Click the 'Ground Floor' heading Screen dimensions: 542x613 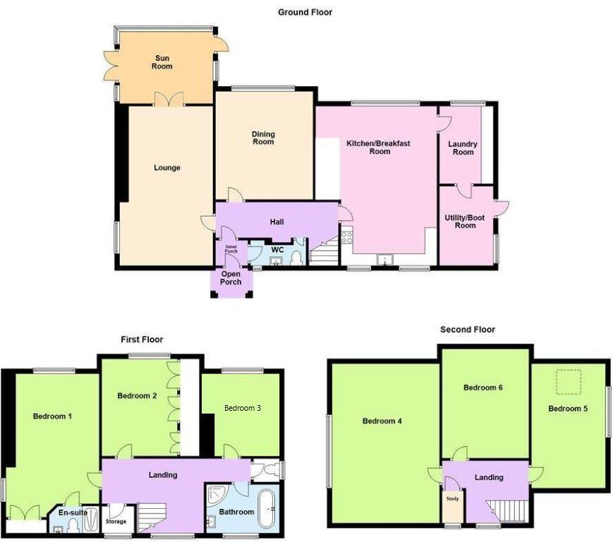pyautogui.click(x=305, y=12)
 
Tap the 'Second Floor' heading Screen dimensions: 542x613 pyautogui.click(x=467, y=330)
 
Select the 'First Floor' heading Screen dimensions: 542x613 pyautogui.click(x=141, y=340)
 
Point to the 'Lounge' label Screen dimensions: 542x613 pyautogui.click(x=167, y=168)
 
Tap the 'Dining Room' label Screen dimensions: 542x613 pyautogui.click(x=263, y=138)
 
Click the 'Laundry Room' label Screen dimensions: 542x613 pyautogui.click(x=463, y=148)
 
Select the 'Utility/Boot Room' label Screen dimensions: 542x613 pyautogui.click(x=465, y=222)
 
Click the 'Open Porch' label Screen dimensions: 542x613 pyautogui.click(x=231, y=278)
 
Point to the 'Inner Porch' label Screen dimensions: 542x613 pyautogui.click(x=231, y=249)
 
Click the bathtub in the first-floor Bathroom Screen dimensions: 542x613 pyautogui.click(x=267, y=508)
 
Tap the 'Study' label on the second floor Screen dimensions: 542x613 pyautogui.click(x=451, y=499)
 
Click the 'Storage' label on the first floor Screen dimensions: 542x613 pyautogui.click(x=116, y=522)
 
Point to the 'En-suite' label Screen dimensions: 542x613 pyautogui.click(x=74, y=513)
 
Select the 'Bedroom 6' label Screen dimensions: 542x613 pyautogui.click(x=482, y=387)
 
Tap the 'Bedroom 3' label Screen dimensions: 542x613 pyautogui.click(x=243, y=408)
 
